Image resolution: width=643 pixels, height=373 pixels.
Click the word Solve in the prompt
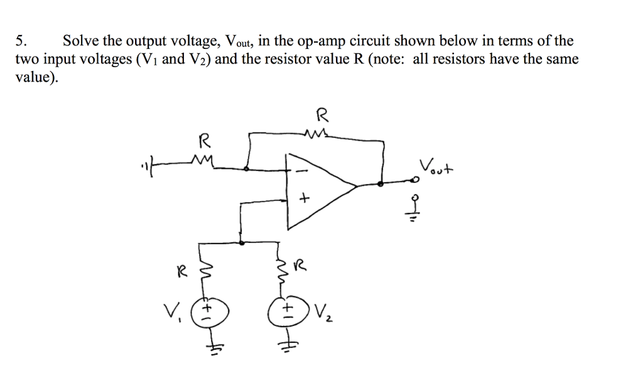coord(80,42)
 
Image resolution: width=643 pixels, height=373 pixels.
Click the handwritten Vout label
coord(438,168)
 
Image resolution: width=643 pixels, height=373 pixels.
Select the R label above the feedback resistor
coord(321,116)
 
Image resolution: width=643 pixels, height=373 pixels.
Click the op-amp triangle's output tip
coord(357,186)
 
